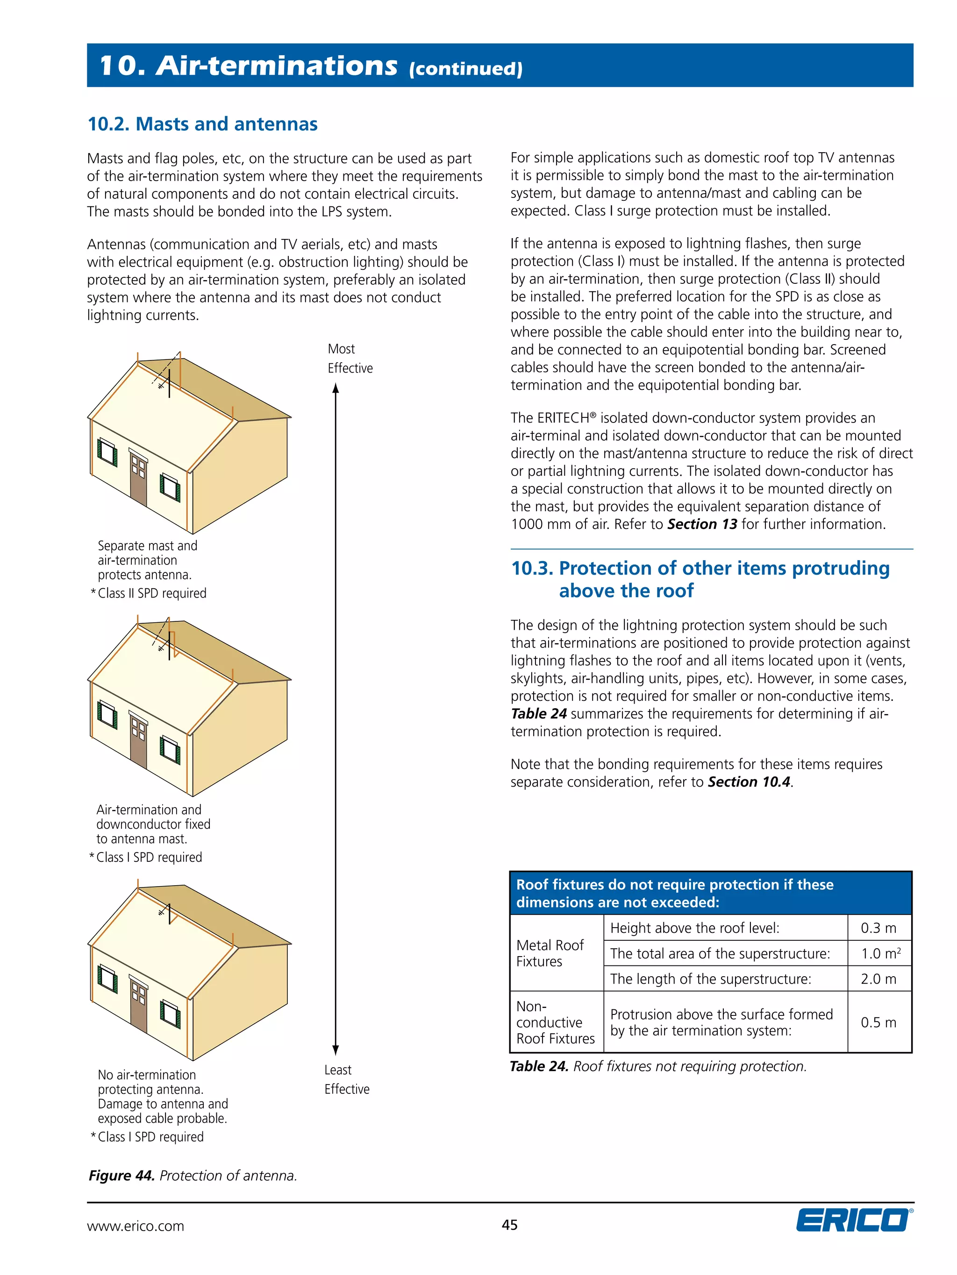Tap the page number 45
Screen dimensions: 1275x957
coord(509,1225)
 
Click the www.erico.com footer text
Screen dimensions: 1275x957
coord(136,1226)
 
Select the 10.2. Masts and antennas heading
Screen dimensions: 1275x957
coord(202,124)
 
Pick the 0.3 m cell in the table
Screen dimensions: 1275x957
coord(878,928)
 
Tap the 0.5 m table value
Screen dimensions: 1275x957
coord(878,1022)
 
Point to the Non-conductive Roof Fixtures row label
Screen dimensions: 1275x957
coord(555,1022)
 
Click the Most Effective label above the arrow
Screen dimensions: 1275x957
coord(350,359)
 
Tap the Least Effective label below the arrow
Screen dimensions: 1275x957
coord(346,1079)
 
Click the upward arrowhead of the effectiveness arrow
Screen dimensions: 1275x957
coord(336,389)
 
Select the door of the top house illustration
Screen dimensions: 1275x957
coord(138,480)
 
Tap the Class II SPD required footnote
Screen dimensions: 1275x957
coord(151,593)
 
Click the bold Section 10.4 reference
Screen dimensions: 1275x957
coord(749,782)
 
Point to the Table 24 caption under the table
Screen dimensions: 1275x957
coord(657,1066)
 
